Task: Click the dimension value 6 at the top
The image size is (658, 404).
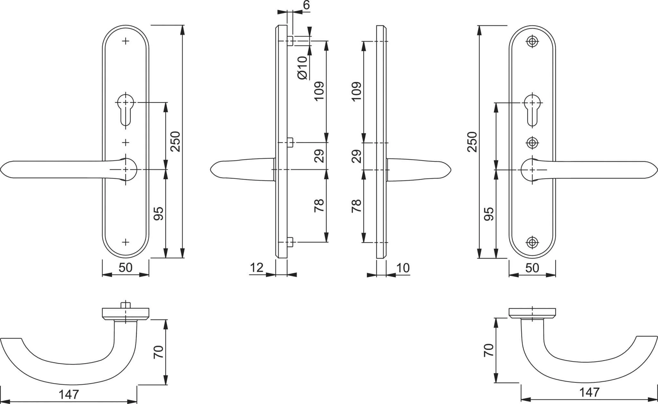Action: tap(306, 5)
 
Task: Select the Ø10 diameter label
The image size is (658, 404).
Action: tap(303, 67)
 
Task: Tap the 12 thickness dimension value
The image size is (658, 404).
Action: tap(256, 268)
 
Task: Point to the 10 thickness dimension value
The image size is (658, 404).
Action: tap(403, 268)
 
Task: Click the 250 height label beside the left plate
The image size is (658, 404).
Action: tap(176, 141)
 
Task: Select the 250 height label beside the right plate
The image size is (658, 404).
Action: tap(472, 141)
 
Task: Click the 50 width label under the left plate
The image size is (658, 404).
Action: tap(125, 268)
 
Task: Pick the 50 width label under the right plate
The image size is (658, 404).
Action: tap(532, 268)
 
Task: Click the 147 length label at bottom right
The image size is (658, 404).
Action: tap(589, 392)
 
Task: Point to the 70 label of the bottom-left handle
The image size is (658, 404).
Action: tap(159, 352)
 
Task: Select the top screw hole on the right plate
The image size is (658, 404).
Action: tap(532, 41)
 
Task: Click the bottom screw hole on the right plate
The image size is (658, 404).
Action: tap(532, 242)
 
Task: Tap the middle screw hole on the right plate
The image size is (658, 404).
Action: tap(532, 143)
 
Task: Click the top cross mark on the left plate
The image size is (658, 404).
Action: tap(126, 41)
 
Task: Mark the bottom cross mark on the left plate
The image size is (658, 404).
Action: tap(126, 242)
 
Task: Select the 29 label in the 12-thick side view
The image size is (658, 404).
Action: tap(319, 156)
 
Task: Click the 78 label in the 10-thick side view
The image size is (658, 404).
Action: tap(357, 206)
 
